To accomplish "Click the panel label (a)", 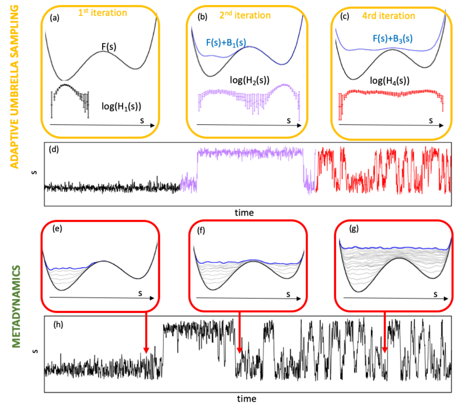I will (54, 18).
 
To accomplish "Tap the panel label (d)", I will (54, 149).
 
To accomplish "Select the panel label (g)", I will (354, 229).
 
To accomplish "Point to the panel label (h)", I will (58, 324).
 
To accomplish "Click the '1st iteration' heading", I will (103, 13).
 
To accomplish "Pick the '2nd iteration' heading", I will (245, 15).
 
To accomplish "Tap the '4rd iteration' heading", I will (388, 15).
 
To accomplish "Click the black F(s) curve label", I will (109, 47).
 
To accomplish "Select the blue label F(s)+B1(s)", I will (226, 42).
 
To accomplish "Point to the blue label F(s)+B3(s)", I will (393, 39).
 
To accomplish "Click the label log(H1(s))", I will (121, 106).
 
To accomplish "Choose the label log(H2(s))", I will (249, 80).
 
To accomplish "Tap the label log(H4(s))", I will (390, 80).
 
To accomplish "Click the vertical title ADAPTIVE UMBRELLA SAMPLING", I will (14, 86).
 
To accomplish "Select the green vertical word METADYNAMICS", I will (16, 306).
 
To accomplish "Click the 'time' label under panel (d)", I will (244, 213).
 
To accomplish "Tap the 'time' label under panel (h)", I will (247, 399).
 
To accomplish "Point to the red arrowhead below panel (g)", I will (385, 350).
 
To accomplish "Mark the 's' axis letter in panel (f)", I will (288, 294).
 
